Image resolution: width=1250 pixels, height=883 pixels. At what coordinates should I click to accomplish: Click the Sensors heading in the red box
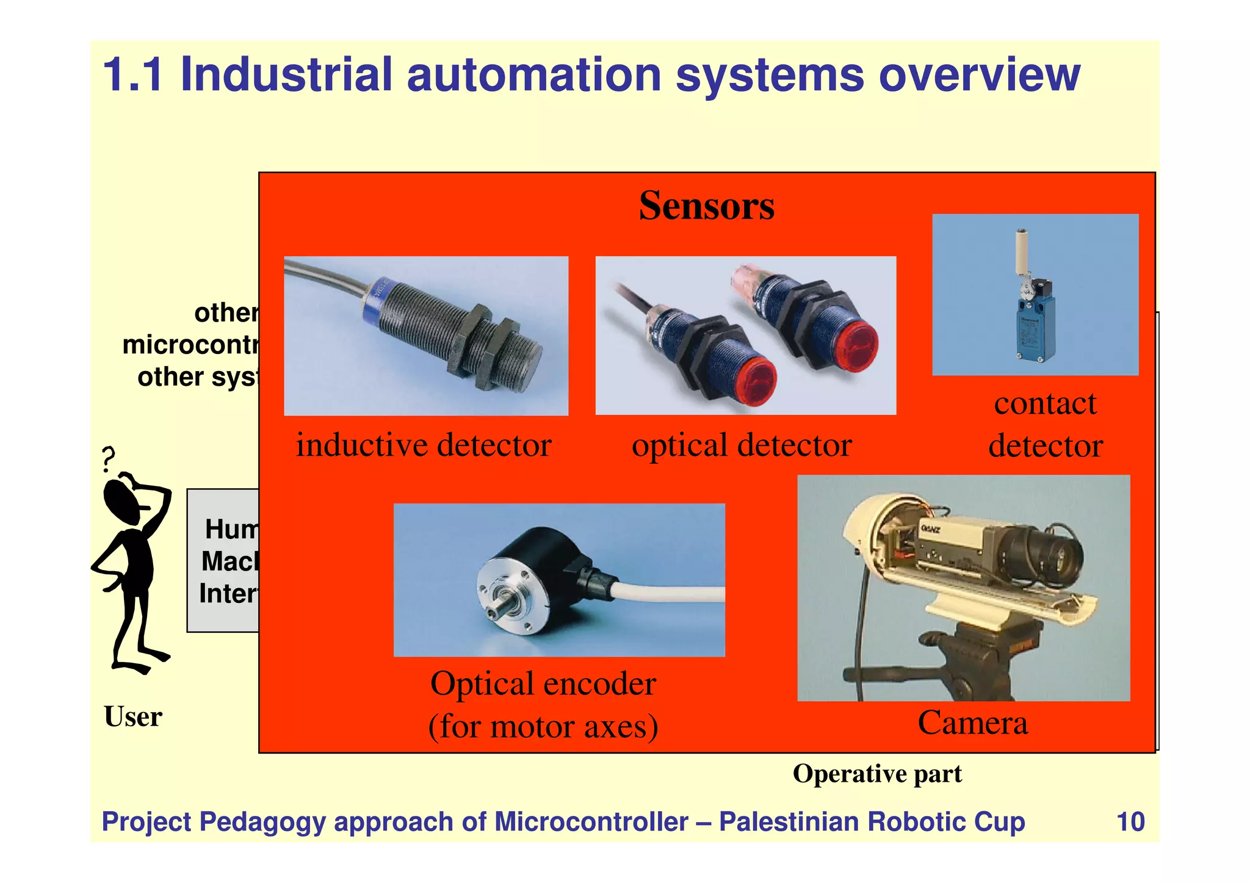pyautogui.click(x=706, y=206)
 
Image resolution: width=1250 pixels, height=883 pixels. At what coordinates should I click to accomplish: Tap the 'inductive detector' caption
pyautogui.click(x=424, y=445)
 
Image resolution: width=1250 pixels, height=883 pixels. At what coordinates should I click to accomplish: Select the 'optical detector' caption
pyautogui.click(x=742, y=445)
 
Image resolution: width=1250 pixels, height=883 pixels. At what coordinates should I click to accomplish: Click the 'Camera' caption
pyautogui.click(x=973, y=723)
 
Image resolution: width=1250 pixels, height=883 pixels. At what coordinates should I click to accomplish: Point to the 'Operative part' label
pyautogui.click(x=877, y=774)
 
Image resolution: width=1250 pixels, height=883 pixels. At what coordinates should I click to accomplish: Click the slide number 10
pyautogui.click(x=1130, y=822)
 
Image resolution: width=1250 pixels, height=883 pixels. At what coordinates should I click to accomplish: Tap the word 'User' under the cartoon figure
pyautogui.click(x=133, y=717)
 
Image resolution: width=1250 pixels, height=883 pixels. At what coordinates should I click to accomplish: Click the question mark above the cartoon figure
pyautogui.click(x=109, y=459)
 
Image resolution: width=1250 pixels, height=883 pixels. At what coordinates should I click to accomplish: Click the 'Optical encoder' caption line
pyautogui.click(x=543, y=684)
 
